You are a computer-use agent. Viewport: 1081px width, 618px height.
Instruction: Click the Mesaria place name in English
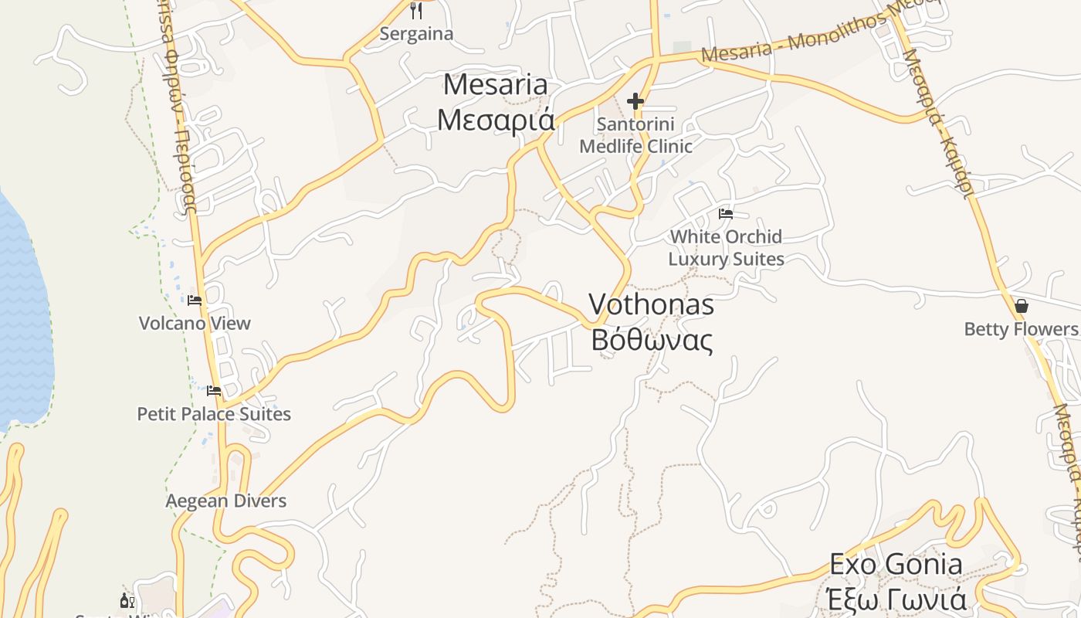(x=495, y=84)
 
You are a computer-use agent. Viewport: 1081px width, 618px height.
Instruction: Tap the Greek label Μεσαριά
(x=495, y=120)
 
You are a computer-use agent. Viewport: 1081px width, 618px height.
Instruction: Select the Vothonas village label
(x=651, y=304)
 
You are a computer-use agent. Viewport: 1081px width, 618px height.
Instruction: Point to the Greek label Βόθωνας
(x=651, y=339)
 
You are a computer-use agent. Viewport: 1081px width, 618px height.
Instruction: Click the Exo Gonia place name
(x=896, y=565)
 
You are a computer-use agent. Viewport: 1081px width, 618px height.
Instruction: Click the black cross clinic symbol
(x=635, y=101)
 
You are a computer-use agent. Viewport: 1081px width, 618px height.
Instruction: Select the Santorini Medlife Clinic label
(x=635, y=135)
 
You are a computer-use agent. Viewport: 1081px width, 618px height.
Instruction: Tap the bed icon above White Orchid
(x=726, y=214)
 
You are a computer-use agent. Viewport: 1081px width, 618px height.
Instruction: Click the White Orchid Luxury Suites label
(x=726, y=247)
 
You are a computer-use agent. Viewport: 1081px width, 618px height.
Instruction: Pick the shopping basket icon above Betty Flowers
(x=1022, y=306)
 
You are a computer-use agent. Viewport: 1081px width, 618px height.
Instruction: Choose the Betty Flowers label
(x=1021, y=329)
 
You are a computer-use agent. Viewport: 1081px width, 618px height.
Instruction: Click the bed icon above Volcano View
(x=195, y=300)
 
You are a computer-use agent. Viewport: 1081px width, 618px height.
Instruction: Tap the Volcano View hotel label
(x=195, y=323)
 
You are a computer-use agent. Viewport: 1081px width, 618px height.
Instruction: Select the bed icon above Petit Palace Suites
(x=214, y=391)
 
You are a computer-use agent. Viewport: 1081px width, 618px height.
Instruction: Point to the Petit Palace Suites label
(x=214, y=414)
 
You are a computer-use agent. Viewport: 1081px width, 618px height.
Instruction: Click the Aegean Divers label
(x=225, y=501)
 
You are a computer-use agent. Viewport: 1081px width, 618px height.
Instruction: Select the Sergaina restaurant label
(x=416, y=34)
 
